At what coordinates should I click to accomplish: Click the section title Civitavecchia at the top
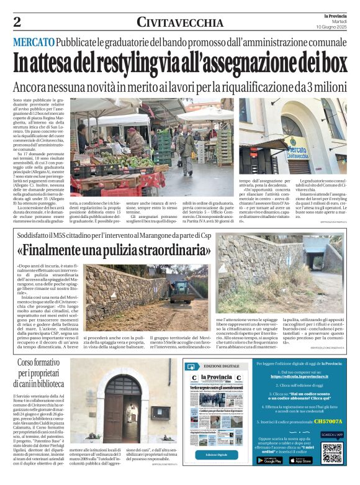pyautogui.click(x=181, y=23)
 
